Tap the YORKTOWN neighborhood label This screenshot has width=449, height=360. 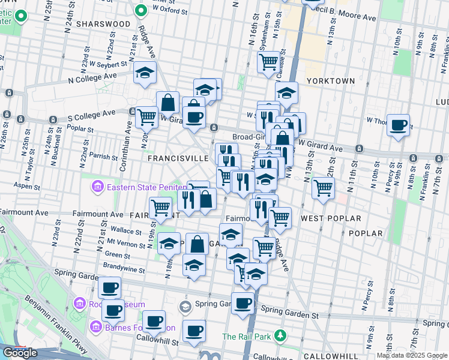pyautogui.click(x=331, y=80)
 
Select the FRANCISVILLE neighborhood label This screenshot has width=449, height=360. pyautogui.click(x=178, y=158)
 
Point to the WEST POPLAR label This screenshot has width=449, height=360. pyautogui.click(x=331, y=218)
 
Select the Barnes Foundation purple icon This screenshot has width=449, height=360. pyautogui.click(x=95, y=327)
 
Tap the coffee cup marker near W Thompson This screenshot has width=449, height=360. pyautogui.click(x=398, y=125)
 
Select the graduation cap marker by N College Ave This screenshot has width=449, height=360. pyautogui.click(x=145, y=73)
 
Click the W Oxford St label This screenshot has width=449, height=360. pyautogui.click(x=167, y=9)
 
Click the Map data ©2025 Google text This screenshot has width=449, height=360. pyautogui.click(x=412, y=355)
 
